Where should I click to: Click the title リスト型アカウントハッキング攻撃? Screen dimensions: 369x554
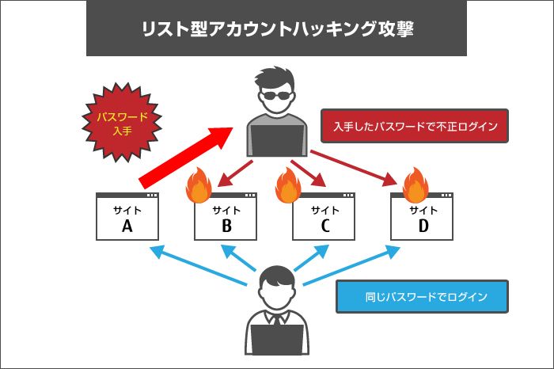pyautogui.click(x=276, y=31)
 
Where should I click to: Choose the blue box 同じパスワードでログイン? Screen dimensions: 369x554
pyautogui.click(x=421, y=297)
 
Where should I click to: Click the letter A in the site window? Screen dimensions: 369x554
pyautogui.click(x=127, y=227)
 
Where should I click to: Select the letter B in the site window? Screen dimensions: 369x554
pyautogui.click(x=226, y=227)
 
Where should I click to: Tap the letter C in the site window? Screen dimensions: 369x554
pyautogui.click(x=324, y=227)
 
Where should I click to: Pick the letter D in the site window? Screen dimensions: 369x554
pyautogui.click(x=423, y=227)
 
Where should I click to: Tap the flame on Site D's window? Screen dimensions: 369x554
pyautogui.click(x=415, y=188)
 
